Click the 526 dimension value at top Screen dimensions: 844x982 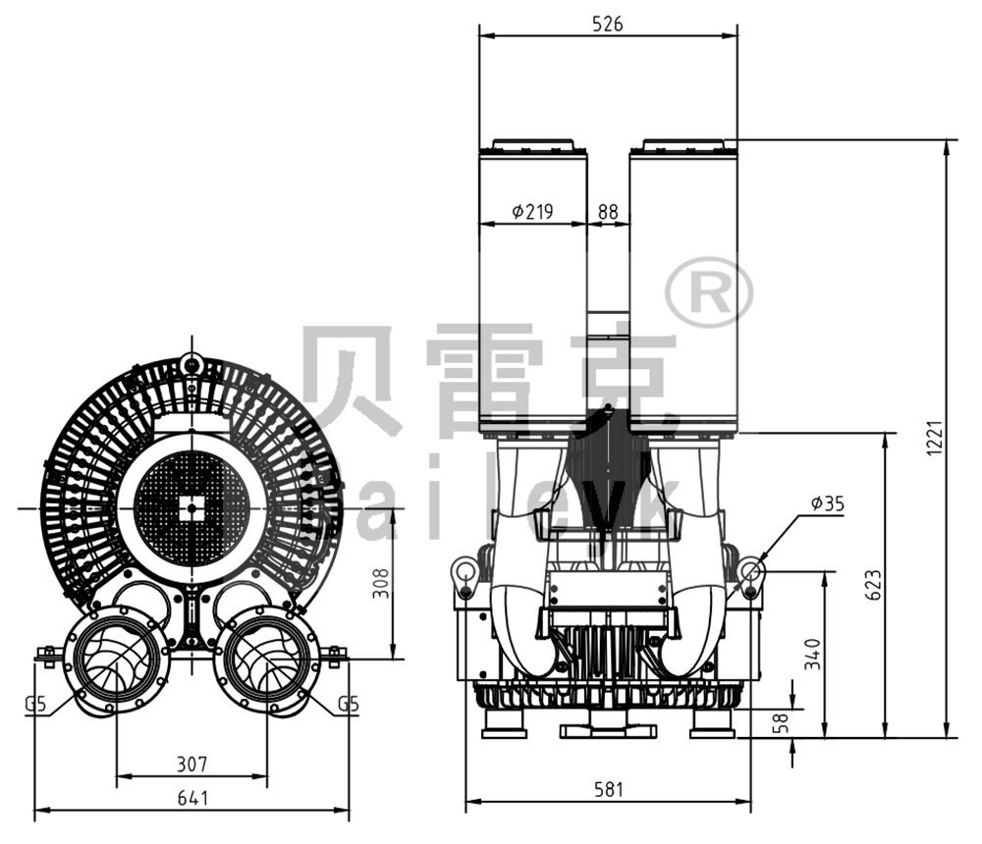tap(607, 25)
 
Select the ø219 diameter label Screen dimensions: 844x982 tap(532, 211)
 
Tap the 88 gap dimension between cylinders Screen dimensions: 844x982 tap(608, 211)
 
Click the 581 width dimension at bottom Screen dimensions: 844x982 tap(607, 789)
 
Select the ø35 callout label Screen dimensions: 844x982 tap(827, 503)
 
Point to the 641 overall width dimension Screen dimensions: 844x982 tap(192, 799)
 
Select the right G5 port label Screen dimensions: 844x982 tap(347, 704)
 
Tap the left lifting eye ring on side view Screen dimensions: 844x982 tap(463, 569)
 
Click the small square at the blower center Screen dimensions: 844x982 tap(191, 507)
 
